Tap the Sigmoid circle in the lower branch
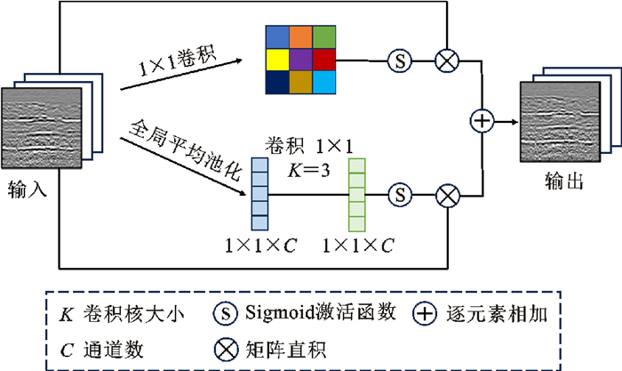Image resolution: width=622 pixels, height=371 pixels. [402, 193]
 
